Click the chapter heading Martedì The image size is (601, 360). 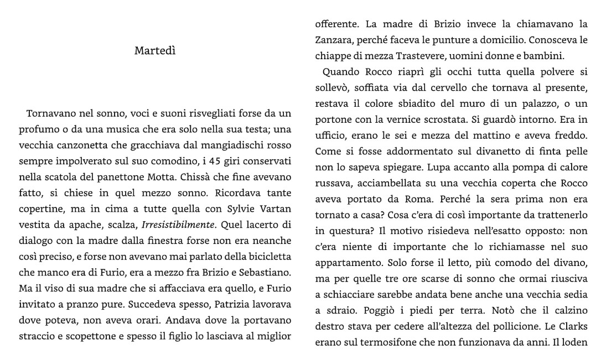coord(155,51)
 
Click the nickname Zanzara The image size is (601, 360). coord(333,40)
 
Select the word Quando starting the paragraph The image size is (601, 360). coord(342,72)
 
